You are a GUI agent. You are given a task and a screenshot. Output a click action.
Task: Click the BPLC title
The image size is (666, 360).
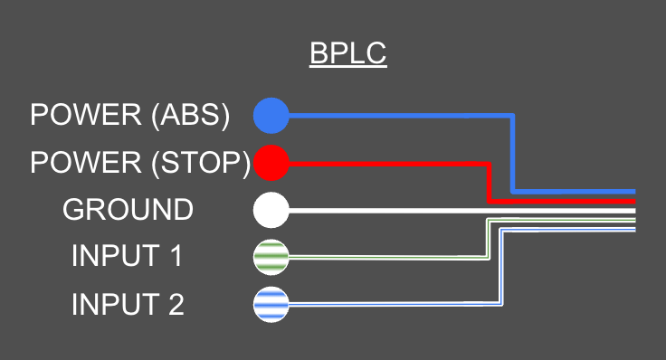tap(348, 54)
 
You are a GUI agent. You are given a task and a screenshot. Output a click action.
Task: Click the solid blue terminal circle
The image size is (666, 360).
tap(271, 116)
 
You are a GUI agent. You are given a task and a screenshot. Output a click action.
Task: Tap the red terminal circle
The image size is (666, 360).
tap(271, 164)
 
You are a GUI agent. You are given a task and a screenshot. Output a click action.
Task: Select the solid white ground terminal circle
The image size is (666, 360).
tap(271, 210)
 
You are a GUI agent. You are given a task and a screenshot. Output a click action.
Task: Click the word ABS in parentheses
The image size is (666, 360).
tap(190, 116)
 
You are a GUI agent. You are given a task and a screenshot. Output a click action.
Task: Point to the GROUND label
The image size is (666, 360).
tap(128, 210)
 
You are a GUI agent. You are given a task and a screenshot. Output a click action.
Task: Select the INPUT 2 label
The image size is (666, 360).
tap(128, 305)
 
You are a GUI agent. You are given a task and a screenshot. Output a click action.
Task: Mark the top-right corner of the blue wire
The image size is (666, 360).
tap(513, 117)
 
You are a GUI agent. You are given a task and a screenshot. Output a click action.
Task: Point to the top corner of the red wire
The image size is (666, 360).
tap(489, 164)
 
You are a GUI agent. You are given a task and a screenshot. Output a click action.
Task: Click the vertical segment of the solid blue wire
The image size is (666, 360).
tap(513, 154)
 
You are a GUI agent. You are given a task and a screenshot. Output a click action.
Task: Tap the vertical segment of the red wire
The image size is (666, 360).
tap(489, 182)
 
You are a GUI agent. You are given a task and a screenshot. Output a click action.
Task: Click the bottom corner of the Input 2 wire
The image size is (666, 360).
tap(500, 305)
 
